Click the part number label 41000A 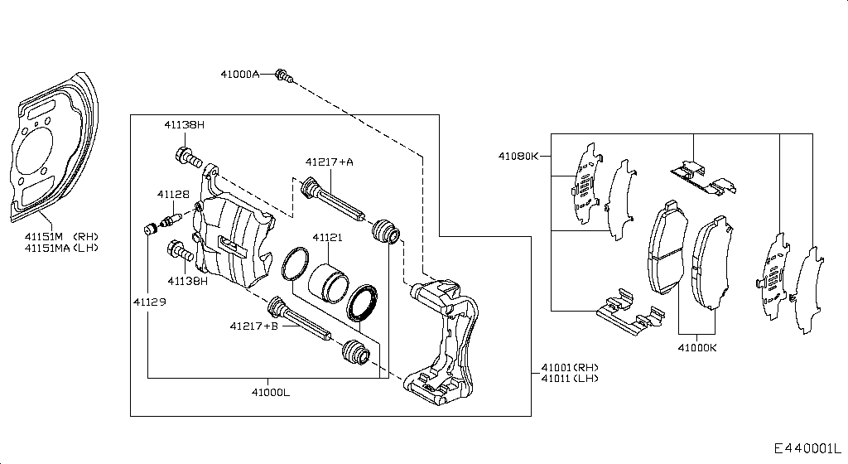(x=239, y=74)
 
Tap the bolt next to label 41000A (x=283, y=75)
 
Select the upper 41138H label (x=184, y=124)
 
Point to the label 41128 (x=173, y=194)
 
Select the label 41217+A (x=329, y=162)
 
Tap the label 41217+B (x=254, y=326)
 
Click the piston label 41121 (x=327, y=237)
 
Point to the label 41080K (x=518, y=155)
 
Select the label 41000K (x=696, y=348)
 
